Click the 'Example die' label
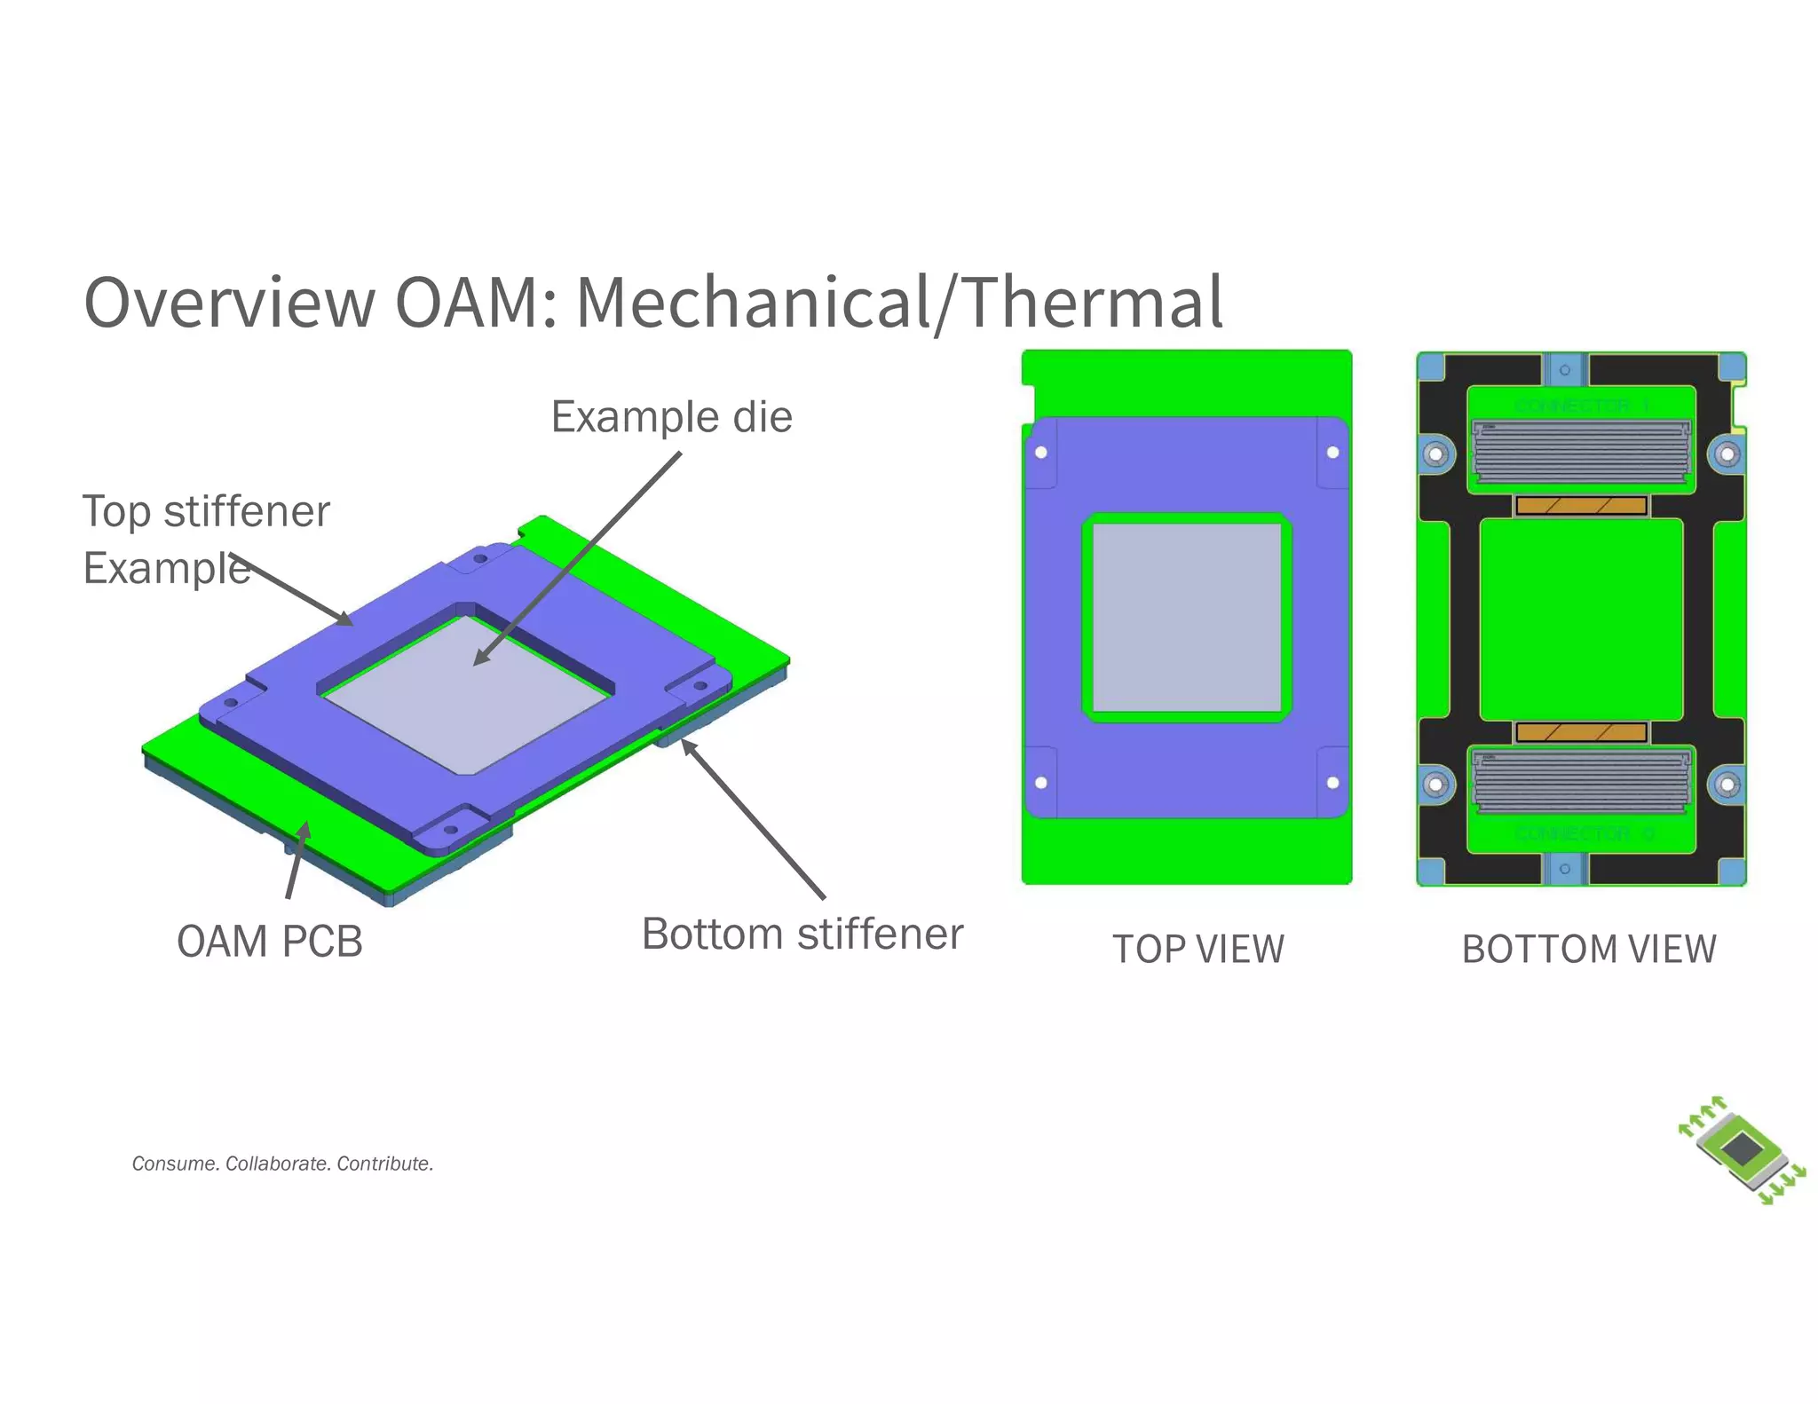(671, 417)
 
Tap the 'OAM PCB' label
(269, 942)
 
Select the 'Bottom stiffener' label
(802, 935)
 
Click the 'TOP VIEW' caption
(1198, 950)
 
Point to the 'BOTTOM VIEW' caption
(1588, 950)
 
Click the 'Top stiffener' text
(205, 512)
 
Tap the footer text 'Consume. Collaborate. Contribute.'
(282, 1163)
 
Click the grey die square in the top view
(1187, 618)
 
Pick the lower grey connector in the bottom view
(1581, 781)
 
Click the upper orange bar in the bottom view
(1581, 506)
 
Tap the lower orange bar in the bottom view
(1581, 732)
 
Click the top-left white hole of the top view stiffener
(1041, 453)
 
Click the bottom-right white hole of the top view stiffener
(1332, 783)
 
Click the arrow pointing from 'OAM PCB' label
(296, 861)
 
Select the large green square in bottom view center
(1581, 619)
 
